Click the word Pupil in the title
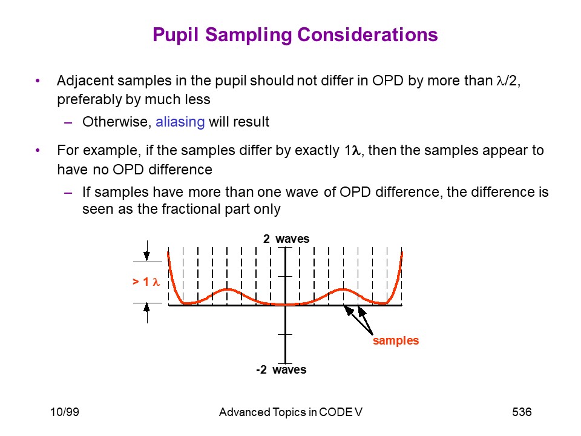(x=176, y=36)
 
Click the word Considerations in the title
(x=367, y=35)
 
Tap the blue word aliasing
(x=180, y=122)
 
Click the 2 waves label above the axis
(x=286, y=239)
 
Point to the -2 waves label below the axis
(x=281, y=369)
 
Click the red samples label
(x=396, y=340)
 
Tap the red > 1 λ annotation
(x=146, y=282)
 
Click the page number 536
(x=522, y=412)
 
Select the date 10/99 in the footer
(x=65, y=412)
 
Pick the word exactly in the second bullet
(x=317, y=151)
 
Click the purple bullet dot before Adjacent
(x=38, y=81)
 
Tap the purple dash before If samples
(x=68, y=193)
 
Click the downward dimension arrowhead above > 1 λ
(x=146, y=256)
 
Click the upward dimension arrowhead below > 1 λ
(x=147, y=308)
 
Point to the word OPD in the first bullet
(x=387, y=81)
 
